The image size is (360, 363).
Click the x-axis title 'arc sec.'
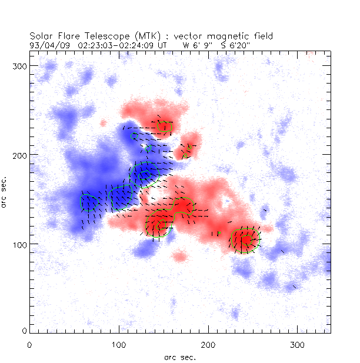click(x=180, y=357)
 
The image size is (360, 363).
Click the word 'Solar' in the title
click(x=41, y=35)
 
